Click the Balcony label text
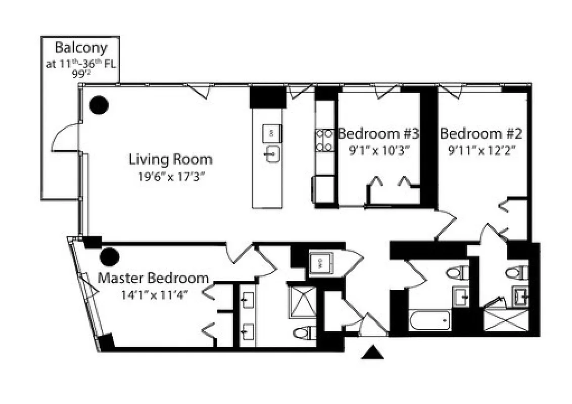click(81, 48)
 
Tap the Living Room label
click(170, 160)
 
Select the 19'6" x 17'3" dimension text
click(170, 177)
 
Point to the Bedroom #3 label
click(378, 134)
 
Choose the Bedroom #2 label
click(481, 134)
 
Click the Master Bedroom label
click(153, 278)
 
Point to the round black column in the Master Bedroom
click(109, 257)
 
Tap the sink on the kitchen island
click(272, 154)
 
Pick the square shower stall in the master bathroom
click(301, 302)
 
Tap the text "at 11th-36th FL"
click(81, 64)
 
